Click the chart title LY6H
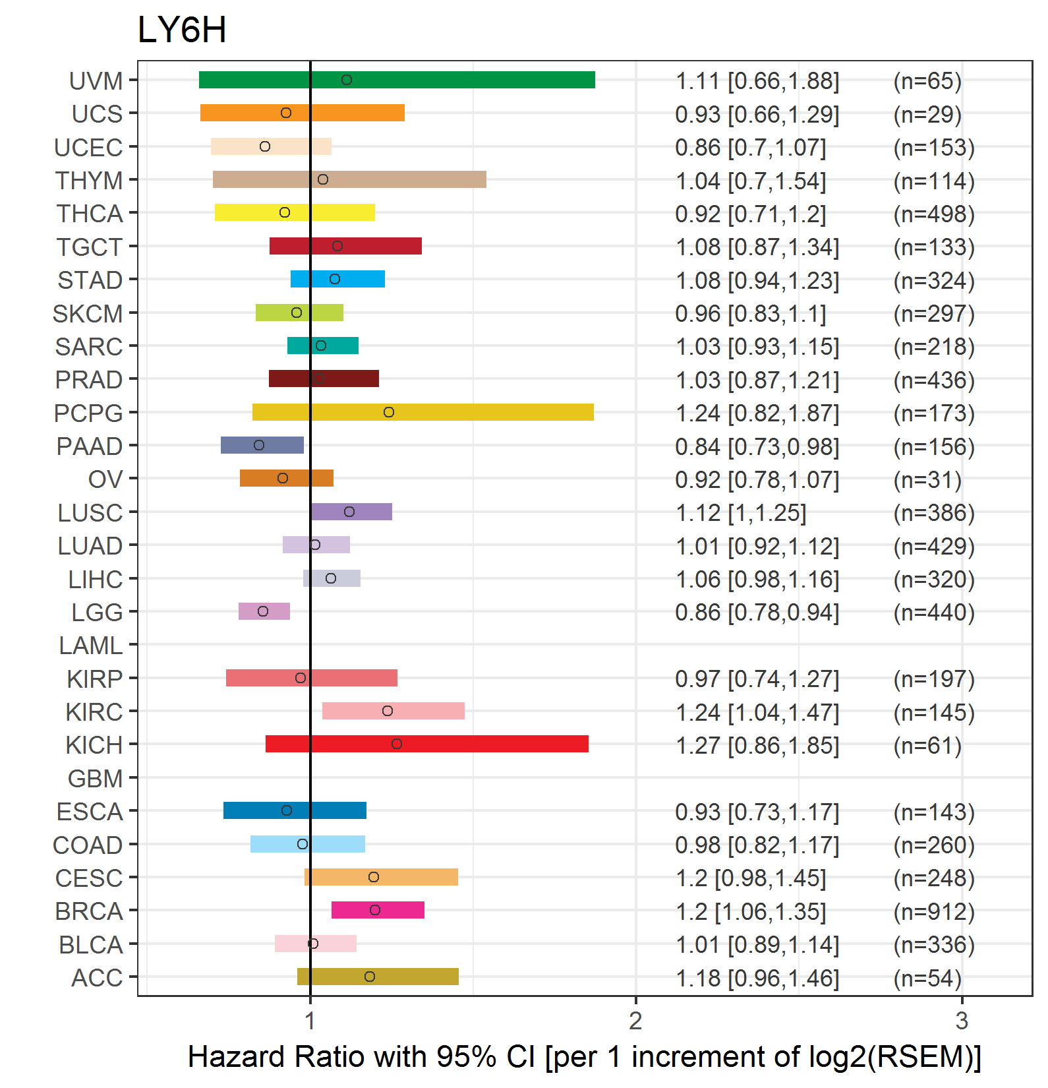(x=182, y=30)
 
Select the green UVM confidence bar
(x=397, y=80)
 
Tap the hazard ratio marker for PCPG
(x=389, y=412)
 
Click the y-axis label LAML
(x=91, y=646)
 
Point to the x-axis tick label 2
(x=635, y=1021)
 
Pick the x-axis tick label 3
(x=962, y=1021)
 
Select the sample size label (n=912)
(x=934, y=911)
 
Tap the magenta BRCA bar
(x=378, y=910)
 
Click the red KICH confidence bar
(x=427, y=744)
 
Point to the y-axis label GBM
(x=96, y=779)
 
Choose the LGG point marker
(x=263, y=611)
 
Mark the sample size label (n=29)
(x=927, y=114)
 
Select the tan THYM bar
(x=349, y=179)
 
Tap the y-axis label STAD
(x=90, y=280)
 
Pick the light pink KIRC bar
(x=393, y=711)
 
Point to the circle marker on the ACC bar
(x=370, y=977)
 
